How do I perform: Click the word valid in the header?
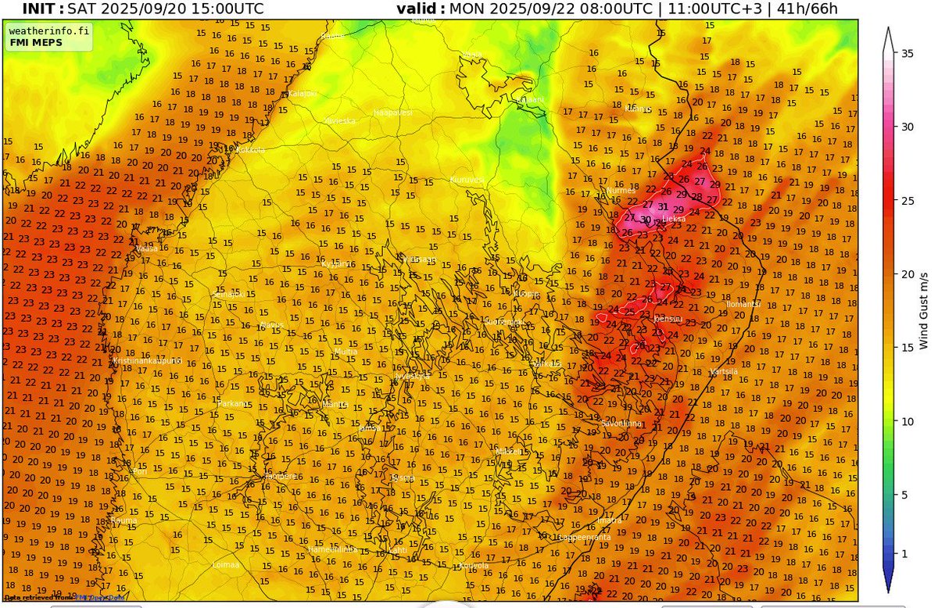pos(421,9)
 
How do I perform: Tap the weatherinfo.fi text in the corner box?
pos(49,30)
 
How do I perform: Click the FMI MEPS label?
pos(34,42)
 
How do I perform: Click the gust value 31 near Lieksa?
pos(663,207)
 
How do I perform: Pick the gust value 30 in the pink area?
pos(645,220)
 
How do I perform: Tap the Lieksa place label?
pos(674,220)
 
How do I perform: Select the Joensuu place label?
pos(668,319)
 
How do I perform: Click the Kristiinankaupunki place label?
pos(147,361)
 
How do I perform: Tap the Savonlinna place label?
pos(621,423)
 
